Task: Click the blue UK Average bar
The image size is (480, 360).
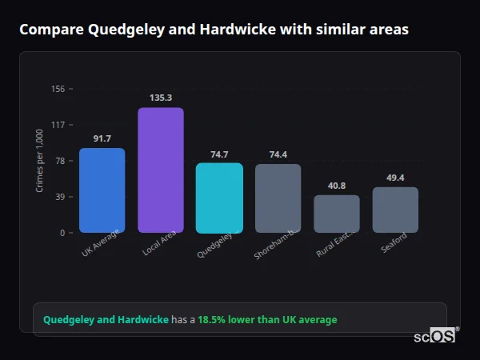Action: [x=102, y=190]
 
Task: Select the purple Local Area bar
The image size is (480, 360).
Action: [x=161, y=170]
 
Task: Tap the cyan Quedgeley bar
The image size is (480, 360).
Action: [x=219, y=198]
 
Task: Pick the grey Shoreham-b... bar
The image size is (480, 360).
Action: [x=278, y=198]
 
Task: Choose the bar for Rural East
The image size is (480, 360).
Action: [x=337, y=214]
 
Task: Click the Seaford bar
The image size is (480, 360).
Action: [x=395, y=210]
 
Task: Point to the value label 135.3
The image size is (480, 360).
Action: [x=161, y=98]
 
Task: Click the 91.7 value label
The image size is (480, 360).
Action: [x=102, y=138]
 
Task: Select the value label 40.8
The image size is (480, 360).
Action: [x=337, y=186]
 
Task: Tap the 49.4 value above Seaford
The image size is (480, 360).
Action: [x=395, y=178]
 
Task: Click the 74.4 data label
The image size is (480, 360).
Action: [x=278, y=154]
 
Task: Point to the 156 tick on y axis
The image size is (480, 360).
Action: [x=58, y=89]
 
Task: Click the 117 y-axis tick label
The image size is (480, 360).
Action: [x=58, y=125]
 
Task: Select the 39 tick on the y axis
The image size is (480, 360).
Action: [x=59, y=197]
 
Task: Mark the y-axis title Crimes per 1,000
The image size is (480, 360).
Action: [x=39, y=161]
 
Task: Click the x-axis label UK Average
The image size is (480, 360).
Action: [x=101, y=244]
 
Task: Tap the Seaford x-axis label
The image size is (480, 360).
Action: [x=394, y=242]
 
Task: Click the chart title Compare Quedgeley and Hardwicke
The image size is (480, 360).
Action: [x=214, y=30]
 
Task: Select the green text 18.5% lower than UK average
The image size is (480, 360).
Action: [x=267, y=320]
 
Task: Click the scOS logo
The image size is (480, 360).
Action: [x=434, y=336]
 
